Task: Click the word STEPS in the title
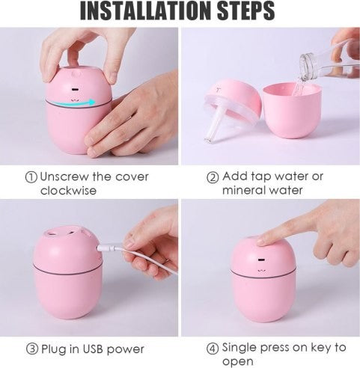click(x=246, y=11)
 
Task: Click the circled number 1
click(x=31, y=177)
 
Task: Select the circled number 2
click(x=213, y=177)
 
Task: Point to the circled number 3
click(x=32, y=349)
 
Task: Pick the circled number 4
click(x=213, y=349)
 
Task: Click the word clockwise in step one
click(x=68, y=191)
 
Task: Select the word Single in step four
click(x=240, y=348)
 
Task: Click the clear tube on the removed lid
click(x=213, y=127)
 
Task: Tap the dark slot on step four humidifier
click(x=261, y=260)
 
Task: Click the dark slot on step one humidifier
click(x=75, y=89)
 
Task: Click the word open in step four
click(x=237, y=361)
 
